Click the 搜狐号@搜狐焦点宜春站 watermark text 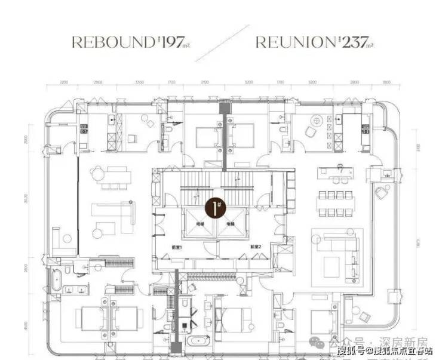pos(385,350)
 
